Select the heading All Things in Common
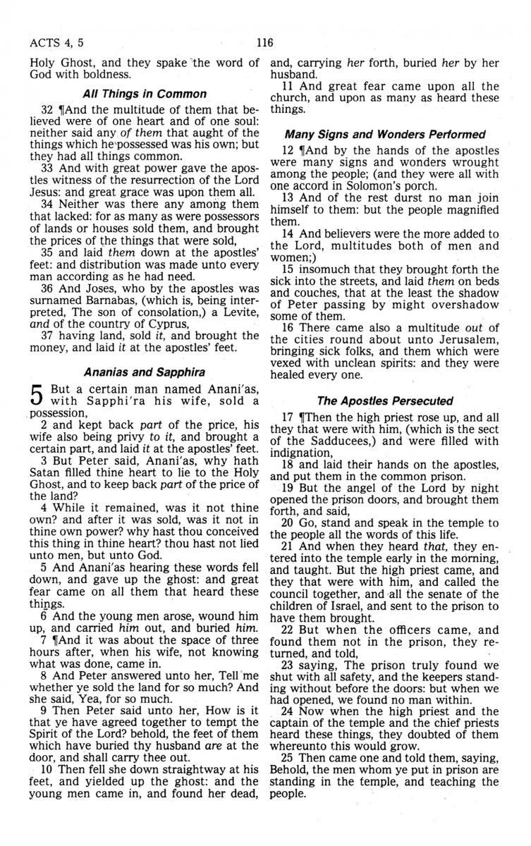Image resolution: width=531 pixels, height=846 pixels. point(145,94)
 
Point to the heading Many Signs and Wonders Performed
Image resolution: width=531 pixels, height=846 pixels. point(385,134)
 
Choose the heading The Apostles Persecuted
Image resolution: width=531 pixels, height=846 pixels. point(385,401)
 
